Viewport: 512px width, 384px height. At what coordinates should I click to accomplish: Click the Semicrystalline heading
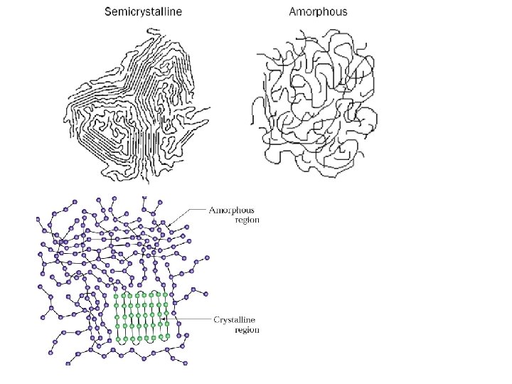(143, 11)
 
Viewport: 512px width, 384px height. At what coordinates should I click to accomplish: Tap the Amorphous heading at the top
(319, 11)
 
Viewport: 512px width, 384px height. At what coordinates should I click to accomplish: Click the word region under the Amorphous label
(247, 220)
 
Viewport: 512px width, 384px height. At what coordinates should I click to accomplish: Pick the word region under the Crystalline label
(247, 330)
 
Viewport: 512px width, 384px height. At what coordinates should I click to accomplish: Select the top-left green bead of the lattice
(117, 294)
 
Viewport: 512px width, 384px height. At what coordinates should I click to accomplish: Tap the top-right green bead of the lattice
(166, 294)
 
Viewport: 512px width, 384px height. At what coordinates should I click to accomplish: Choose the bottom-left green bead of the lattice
(117, 339)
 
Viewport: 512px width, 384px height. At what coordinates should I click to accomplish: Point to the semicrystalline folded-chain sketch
(135, 103)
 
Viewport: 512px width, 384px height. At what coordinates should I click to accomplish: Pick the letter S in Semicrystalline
(108, 11)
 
